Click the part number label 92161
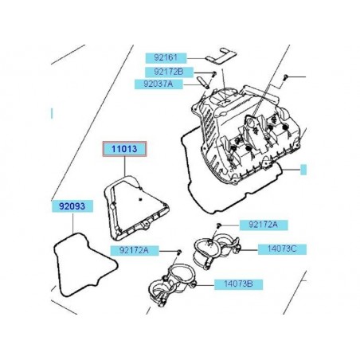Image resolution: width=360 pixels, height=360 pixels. (x=162, y=58)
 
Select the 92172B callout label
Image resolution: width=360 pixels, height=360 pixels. (x=162, y=72)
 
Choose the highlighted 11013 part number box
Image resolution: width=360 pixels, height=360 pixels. (x=118, y=149)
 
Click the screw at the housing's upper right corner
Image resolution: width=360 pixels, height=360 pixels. (x=284, y=77)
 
